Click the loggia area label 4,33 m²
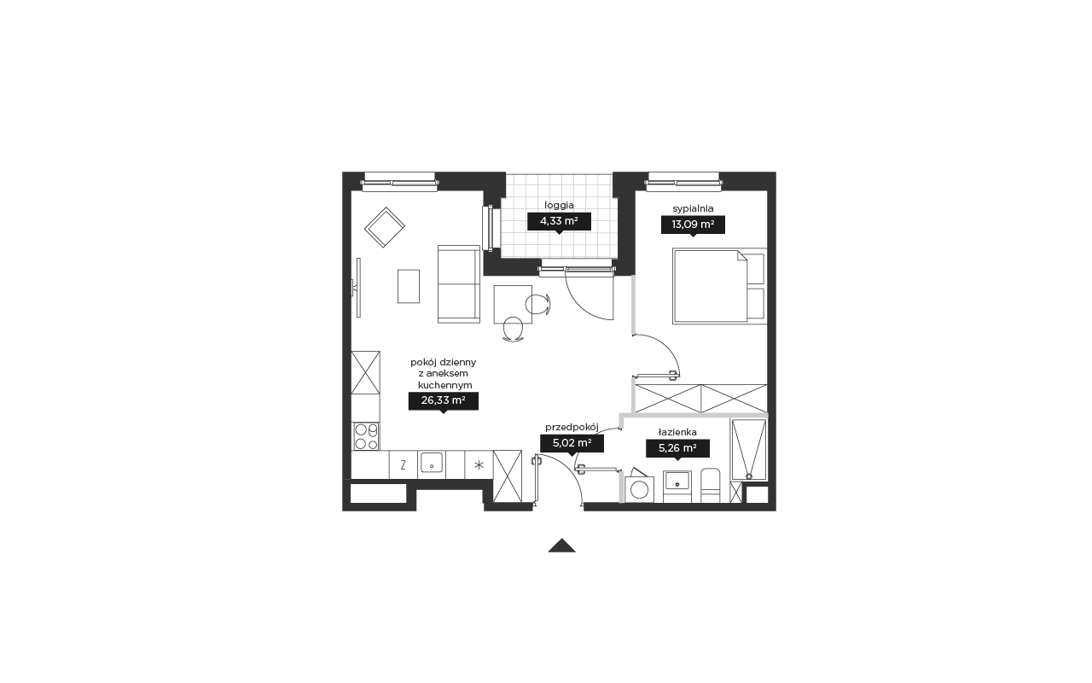(559, 221)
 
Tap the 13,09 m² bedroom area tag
(693, 225)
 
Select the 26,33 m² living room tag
(443, 400)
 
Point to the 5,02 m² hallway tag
(572, 443)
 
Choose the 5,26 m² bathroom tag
(677, 448)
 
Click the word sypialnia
(693, 208)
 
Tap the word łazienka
(677, 432)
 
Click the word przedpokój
(572, 428)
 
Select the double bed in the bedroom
(719, 286)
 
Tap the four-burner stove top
(366, 436)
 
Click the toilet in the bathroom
(710, 486)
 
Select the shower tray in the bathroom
(749, 449)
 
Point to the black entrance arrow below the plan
(561, 546)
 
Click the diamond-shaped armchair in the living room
(385, 227)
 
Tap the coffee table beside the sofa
(409, 286)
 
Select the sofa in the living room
(459, 284)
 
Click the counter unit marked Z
(404, 464)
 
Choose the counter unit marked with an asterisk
(479, 464)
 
